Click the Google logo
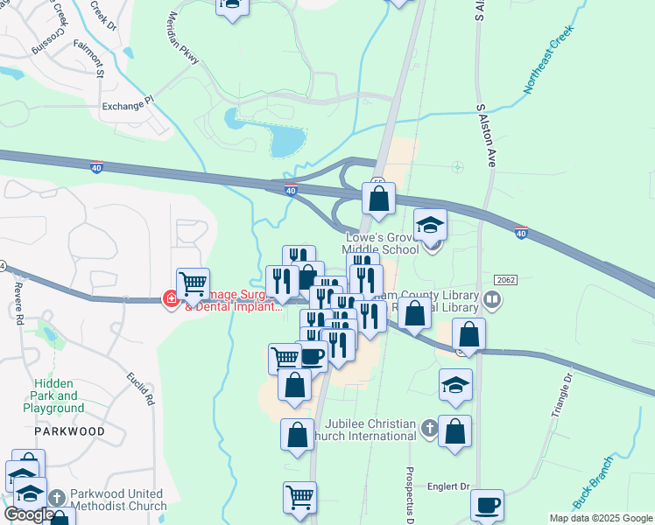29,515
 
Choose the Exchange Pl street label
127,107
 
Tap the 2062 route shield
505,280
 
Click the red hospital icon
171,300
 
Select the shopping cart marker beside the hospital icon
193,283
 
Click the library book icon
492,301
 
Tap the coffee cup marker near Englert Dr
487,505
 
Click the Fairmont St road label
89,59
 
